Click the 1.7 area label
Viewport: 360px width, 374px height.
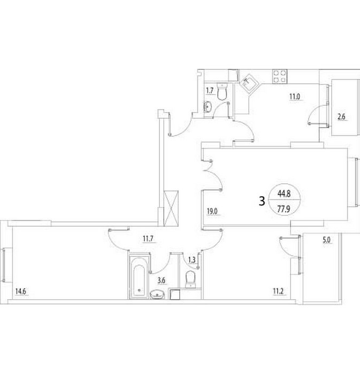[210, 91]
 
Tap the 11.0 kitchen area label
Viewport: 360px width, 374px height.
[295, 97]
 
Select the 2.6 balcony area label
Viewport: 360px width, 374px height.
[342, 117]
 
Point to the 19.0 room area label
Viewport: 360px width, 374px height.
[212, 211]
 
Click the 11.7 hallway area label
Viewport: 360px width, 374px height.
[148, 239]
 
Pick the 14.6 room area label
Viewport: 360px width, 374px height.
[20, 292]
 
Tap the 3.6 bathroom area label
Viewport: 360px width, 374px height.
[162, 280]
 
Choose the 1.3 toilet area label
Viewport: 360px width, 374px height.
[192, 260]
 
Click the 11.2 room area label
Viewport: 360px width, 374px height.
[278, 291]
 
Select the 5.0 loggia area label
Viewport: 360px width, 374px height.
[327, 240]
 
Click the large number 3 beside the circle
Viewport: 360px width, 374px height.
[262, 201]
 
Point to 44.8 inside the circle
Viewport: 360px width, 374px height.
[284, 193]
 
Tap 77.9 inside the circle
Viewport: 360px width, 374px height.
[284, 209]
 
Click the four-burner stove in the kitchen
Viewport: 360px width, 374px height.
[280, 76]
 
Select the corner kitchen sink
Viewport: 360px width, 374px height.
[249, 83]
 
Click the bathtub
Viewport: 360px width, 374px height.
[139, 277]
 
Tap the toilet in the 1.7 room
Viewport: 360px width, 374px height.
[222, 91]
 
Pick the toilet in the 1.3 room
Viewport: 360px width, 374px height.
[190, 279]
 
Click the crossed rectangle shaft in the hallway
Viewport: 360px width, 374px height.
[171, 208]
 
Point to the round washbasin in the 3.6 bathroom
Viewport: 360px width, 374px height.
[157, 294]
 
